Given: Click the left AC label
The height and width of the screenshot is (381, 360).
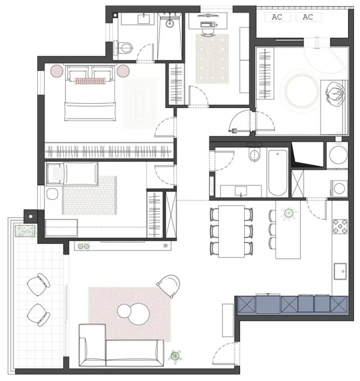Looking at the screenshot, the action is (277, 17).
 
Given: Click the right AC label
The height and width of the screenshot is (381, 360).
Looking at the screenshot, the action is (308, 17).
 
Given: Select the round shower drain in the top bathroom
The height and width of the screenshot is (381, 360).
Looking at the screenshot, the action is (170, 23).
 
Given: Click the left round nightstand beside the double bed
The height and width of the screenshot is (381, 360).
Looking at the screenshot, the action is (57, 71).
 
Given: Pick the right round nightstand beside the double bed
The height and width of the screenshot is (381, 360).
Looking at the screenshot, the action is (123, 71).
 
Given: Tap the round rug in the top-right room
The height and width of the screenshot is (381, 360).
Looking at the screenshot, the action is (302, 91).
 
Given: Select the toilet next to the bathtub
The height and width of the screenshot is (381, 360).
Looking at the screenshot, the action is (254, 155).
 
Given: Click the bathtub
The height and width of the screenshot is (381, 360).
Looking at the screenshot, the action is (278, 173).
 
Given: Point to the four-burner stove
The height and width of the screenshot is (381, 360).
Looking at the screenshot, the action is (340, 227).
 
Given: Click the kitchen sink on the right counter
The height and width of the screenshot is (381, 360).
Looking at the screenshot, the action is (340, 271).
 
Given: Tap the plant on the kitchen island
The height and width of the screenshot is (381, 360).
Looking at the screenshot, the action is (289, 213).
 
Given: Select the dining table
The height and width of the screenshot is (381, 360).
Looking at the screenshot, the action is (231, 232).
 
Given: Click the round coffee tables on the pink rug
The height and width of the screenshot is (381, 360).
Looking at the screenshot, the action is (133, 314).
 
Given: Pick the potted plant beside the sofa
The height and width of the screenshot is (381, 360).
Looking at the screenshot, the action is (175, 356).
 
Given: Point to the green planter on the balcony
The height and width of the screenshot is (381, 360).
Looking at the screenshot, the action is (25, 231).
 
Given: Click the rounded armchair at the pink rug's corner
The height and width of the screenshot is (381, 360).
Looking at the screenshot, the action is (169, 286).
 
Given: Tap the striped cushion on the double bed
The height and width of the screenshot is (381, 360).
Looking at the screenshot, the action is (90, 81).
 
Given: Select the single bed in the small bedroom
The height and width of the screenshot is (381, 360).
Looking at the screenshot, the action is (73, 173).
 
